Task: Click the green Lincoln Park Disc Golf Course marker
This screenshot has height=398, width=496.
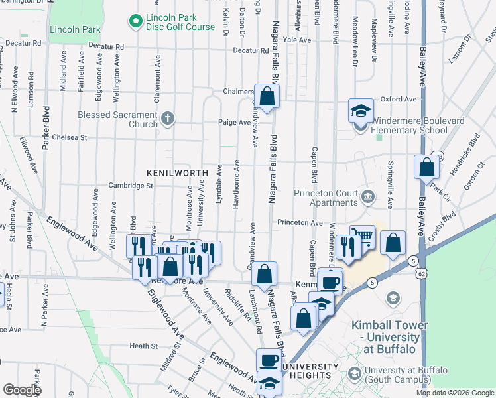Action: (137, 21)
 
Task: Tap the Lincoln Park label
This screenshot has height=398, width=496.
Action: (75, 29)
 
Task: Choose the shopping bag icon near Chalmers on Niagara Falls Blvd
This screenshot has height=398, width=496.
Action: (266, 97)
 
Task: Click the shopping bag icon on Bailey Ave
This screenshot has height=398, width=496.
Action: (427, 167)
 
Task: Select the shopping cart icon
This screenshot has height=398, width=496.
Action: (362, 237)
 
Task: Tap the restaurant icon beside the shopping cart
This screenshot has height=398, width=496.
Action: (346, 246)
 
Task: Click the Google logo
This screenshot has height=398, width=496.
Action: (22, 390)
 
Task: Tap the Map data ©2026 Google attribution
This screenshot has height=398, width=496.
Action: (455, 393)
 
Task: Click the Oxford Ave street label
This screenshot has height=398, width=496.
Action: (399, 99)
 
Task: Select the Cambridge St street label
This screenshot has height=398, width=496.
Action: (131, 186)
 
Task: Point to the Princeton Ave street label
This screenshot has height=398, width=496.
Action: (300, 222)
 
